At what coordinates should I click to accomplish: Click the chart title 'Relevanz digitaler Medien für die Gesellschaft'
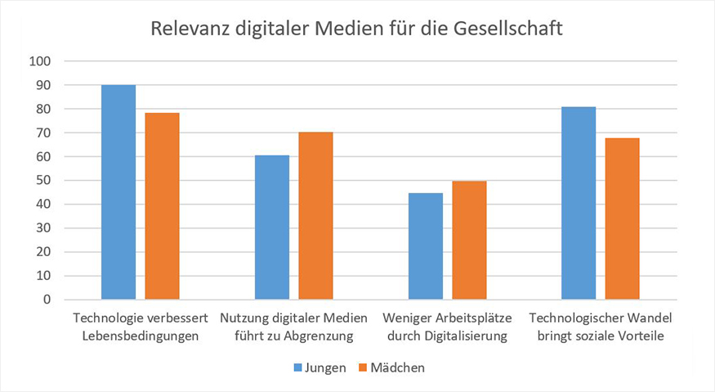357,29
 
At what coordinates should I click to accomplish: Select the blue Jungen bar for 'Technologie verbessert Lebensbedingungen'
118,192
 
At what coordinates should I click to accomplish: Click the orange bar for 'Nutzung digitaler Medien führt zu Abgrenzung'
315,216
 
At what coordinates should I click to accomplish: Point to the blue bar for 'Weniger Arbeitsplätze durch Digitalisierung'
426,246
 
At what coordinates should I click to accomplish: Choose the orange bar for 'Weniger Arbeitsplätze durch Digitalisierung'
469,241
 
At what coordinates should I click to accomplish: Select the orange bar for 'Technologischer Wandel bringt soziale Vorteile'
622,219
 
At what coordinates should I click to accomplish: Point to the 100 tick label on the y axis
40,61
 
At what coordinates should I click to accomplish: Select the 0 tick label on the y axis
47,300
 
